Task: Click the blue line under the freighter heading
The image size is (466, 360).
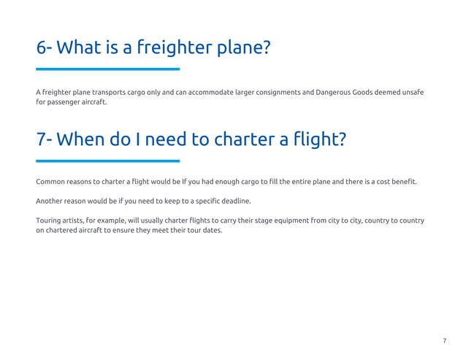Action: (x=107, y=69)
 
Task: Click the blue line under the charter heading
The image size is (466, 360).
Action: (x=107, y=161)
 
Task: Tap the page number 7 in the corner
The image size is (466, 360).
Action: (x=444, y=341)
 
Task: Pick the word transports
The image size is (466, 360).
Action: (x=110, y=92)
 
